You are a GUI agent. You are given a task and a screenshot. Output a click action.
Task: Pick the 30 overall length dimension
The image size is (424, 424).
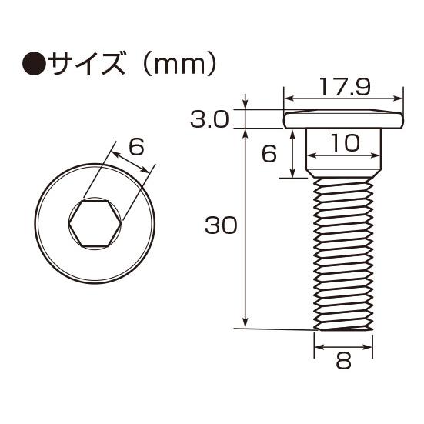point(221,226)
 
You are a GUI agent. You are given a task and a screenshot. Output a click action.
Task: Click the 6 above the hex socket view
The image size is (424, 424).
point(136,147)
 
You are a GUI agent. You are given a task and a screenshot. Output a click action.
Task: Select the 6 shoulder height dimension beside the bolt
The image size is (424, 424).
point(269,154)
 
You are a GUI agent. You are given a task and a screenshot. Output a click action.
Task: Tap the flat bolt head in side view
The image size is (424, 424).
point(343,120)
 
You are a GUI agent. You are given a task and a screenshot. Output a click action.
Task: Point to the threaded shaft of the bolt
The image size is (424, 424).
point(343,254)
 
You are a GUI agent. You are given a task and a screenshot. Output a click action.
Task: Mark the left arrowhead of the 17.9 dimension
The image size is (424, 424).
point(287,98)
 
